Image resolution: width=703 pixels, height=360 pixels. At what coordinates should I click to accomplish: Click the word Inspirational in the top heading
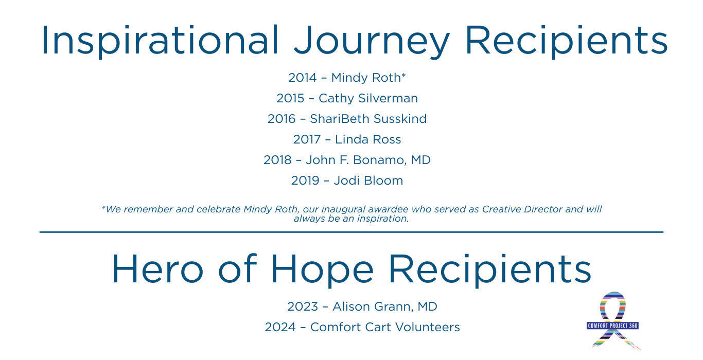coord(160,41)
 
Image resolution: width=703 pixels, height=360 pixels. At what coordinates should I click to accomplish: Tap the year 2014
coord(303,78)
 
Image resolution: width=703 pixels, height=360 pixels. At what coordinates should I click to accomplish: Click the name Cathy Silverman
coord(368,98)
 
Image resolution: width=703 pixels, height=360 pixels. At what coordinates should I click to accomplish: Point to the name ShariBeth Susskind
coord(368,119)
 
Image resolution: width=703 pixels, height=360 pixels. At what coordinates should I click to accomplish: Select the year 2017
coord(307,139)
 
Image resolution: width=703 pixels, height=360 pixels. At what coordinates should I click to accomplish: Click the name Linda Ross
coord(368,139)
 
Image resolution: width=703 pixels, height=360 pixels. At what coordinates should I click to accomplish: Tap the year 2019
coord(305,181)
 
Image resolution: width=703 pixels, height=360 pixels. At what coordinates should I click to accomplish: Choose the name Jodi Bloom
coord(368,181)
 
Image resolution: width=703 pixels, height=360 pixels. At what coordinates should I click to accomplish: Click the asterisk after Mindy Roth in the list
coord(403,75)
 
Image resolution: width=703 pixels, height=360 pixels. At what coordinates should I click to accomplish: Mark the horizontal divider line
coord(351,232)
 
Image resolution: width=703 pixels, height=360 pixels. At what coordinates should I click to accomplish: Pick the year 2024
coord(280,328)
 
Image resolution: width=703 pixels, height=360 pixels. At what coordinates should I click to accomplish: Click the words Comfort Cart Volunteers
coord(385,328)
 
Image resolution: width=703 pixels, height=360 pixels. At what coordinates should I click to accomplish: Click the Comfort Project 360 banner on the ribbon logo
coord(612,326)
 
